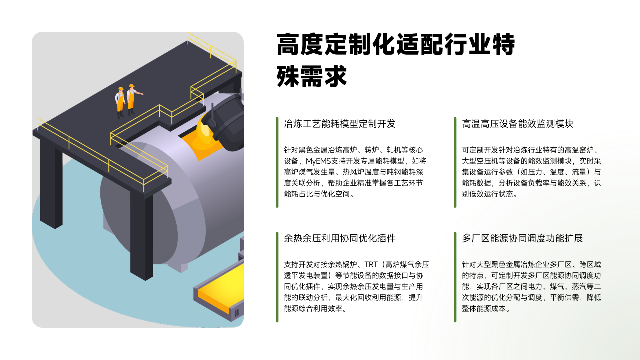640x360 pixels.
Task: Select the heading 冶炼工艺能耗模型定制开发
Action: [339, 124]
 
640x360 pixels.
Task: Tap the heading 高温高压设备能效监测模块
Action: [518, 124]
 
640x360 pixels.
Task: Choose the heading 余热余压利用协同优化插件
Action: [339, 238]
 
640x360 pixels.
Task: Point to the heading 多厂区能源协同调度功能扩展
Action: [522, 238]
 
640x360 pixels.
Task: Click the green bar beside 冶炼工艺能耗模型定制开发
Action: [277, 162]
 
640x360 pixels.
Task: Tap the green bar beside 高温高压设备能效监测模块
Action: [455, 162]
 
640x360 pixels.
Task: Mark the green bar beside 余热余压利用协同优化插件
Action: [277, 277]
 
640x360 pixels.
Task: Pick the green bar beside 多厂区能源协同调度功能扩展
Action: [455, 277]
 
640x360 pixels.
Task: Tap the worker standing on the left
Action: [120, 102]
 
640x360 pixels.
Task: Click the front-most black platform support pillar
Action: [141, 235]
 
